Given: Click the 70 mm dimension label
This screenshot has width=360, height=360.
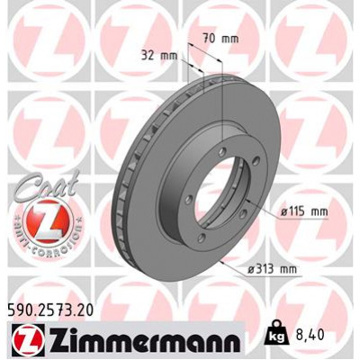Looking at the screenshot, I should point(221,39).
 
